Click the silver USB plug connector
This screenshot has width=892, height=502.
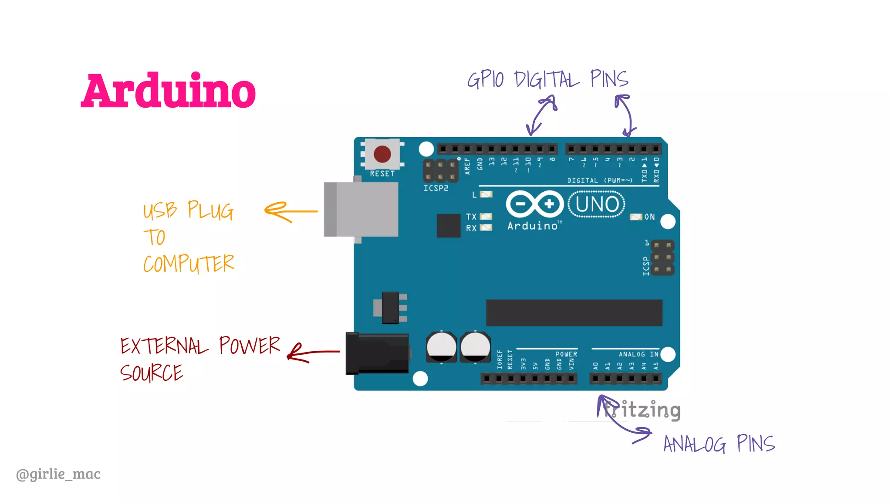(x=361, y=210)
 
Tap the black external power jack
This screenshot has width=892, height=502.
(x=377, y=354)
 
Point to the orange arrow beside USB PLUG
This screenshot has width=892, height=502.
(x=290, y=212)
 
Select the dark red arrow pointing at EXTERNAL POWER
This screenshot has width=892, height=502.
(x=312, y=353)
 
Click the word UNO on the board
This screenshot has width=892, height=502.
(x=597, y=204)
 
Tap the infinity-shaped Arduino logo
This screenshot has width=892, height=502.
(x=535, y=204)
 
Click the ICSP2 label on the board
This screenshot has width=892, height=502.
(x=436, y=188)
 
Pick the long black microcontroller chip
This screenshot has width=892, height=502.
(x=574, y=312)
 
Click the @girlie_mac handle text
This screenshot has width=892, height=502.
(x=58, y=474)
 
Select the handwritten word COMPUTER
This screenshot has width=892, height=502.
(x=189, y=264)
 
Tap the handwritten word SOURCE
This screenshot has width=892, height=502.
(x=152, y=373)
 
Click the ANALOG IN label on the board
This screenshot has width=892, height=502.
(x=639, y=354)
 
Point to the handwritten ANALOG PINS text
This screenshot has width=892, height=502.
(x=719, y=444)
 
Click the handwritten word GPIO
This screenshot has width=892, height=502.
(x=485, y=80)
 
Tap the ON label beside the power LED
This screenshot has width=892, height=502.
(x=649, y=217)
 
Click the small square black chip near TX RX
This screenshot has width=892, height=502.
(x=448, y=225)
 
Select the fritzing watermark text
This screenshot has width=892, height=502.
(x=642, y=410)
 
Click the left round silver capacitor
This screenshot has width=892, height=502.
(x=441, y=347)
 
